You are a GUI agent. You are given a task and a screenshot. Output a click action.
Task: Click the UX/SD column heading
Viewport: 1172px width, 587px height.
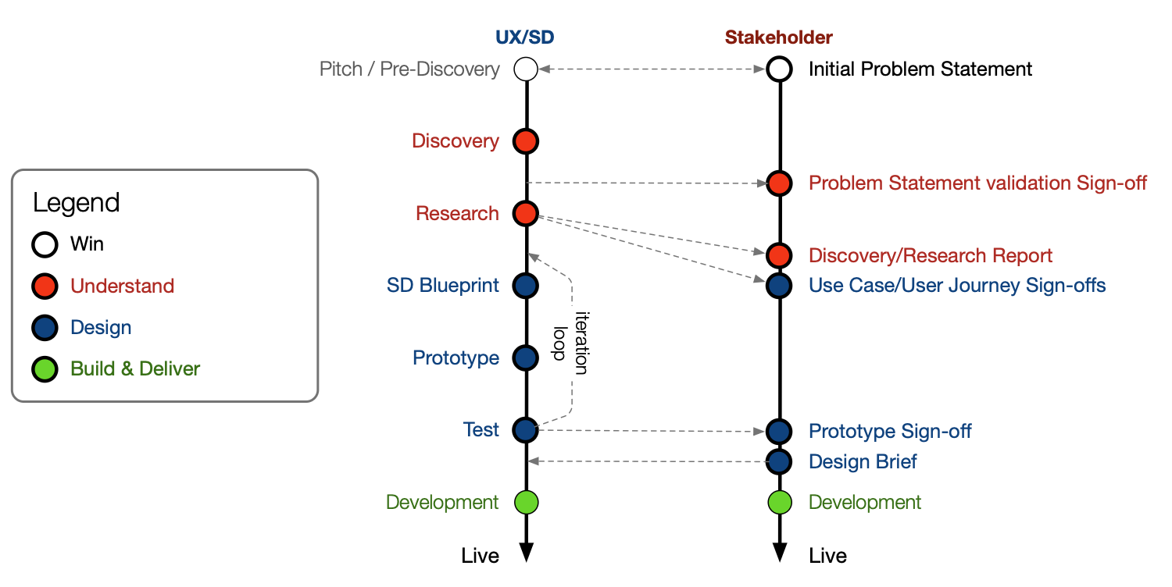pyautogui.click(x=525, y=37)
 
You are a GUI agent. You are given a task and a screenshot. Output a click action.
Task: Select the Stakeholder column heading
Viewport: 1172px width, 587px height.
pyautogui.click(x=778, y=37)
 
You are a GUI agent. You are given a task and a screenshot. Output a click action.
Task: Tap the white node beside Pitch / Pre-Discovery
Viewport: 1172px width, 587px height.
pyautogui.click(x=526, y=69)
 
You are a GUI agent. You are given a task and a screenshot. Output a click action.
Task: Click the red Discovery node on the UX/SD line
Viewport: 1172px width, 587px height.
pyautogui.click(x=526, y=141)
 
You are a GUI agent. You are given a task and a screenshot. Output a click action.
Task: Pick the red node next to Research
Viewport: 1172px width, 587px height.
pyautogui.click(x=526, y=213)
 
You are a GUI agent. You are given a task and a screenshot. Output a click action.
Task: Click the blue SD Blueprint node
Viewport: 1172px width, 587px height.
pyautogui.click(x=526, y=285)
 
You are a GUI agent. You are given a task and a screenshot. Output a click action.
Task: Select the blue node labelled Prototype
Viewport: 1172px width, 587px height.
pyautogui.click(x=526, y=358)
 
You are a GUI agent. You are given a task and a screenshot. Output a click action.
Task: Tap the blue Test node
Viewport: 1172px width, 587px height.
pyautogui.click(x=526, y=429)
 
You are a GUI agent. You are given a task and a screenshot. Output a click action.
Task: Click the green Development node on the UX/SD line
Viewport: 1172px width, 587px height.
pyautogui.click(x=526, y=502)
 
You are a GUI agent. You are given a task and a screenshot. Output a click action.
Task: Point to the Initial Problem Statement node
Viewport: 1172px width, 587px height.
pyautogui.click(x=778, y=69)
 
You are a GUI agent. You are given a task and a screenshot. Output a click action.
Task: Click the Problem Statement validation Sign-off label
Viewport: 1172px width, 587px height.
pyautogui.click(x=977, y=183)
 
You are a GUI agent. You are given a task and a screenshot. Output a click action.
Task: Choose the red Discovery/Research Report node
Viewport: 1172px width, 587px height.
pyautogui.click(x=778, y=255)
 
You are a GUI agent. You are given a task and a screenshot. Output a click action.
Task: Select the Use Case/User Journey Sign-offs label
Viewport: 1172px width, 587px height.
pyautogui.click(x=957, y=286)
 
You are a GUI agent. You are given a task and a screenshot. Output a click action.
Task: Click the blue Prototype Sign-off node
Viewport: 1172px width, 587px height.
pyautogui.click(x=778, y=431)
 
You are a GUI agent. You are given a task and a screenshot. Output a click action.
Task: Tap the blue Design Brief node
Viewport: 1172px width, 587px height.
pyautogui.click(x=778, y=461)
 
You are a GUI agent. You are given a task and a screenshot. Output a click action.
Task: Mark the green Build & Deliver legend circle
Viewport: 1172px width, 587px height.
pyautogui.click(x=45, y=369)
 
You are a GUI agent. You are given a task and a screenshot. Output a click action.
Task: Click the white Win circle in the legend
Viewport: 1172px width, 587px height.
pyautogui.click(x=45, y=244)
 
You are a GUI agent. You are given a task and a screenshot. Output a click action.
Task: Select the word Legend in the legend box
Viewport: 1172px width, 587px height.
pyautogui.click(x=77, y=203)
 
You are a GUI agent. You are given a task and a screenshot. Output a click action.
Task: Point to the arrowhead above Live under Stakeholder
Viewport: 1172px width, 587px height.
pyautogui.click(x=779, y=551)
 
